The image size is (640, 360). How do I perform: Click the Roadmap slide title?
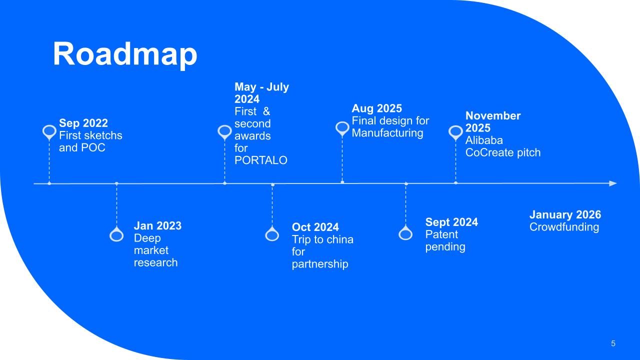[125, 54]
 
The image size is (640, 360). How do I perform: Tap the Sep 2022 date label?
[83, 123]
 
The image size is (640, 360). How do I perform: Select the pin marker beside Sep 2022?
[49, 132]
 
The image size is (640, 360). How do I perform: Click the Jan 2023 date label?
[157, 225]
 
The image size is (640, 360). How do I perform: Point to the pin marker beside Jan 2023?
[116, 234]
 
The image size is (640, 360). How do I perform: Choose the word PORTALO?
[261, 160]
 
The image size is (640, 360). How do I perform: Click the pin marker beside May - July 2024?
[224, 132]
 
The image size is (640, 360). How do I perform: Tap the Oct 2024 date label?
[315, 227]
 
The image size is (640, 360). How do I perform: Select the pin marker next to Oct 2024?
[272, 234]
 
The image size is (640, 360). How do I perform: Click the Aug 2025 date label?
[377, 108]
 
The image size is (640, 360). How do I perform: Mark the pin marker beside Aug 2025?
[342, 128]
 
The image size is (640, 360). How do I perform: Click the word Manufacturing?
[387, 133]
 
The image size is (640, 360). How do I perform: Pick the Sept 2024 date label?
[451, 222]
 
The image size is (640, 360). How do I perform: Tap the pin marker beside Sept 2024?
[405, 233]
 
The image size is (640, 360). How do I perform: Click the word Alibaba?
[484, 140]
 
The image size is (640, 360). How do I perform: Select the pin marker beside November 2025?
[455, 132]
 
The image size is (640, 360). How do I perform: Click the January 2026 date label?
[565, 215]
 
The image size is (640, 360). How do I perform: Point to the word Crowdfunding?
[564, 227]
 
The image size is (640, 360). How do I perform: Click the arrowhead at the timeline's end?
[613, 183]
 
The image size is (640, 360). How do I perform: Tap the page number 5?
[613, 343]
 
